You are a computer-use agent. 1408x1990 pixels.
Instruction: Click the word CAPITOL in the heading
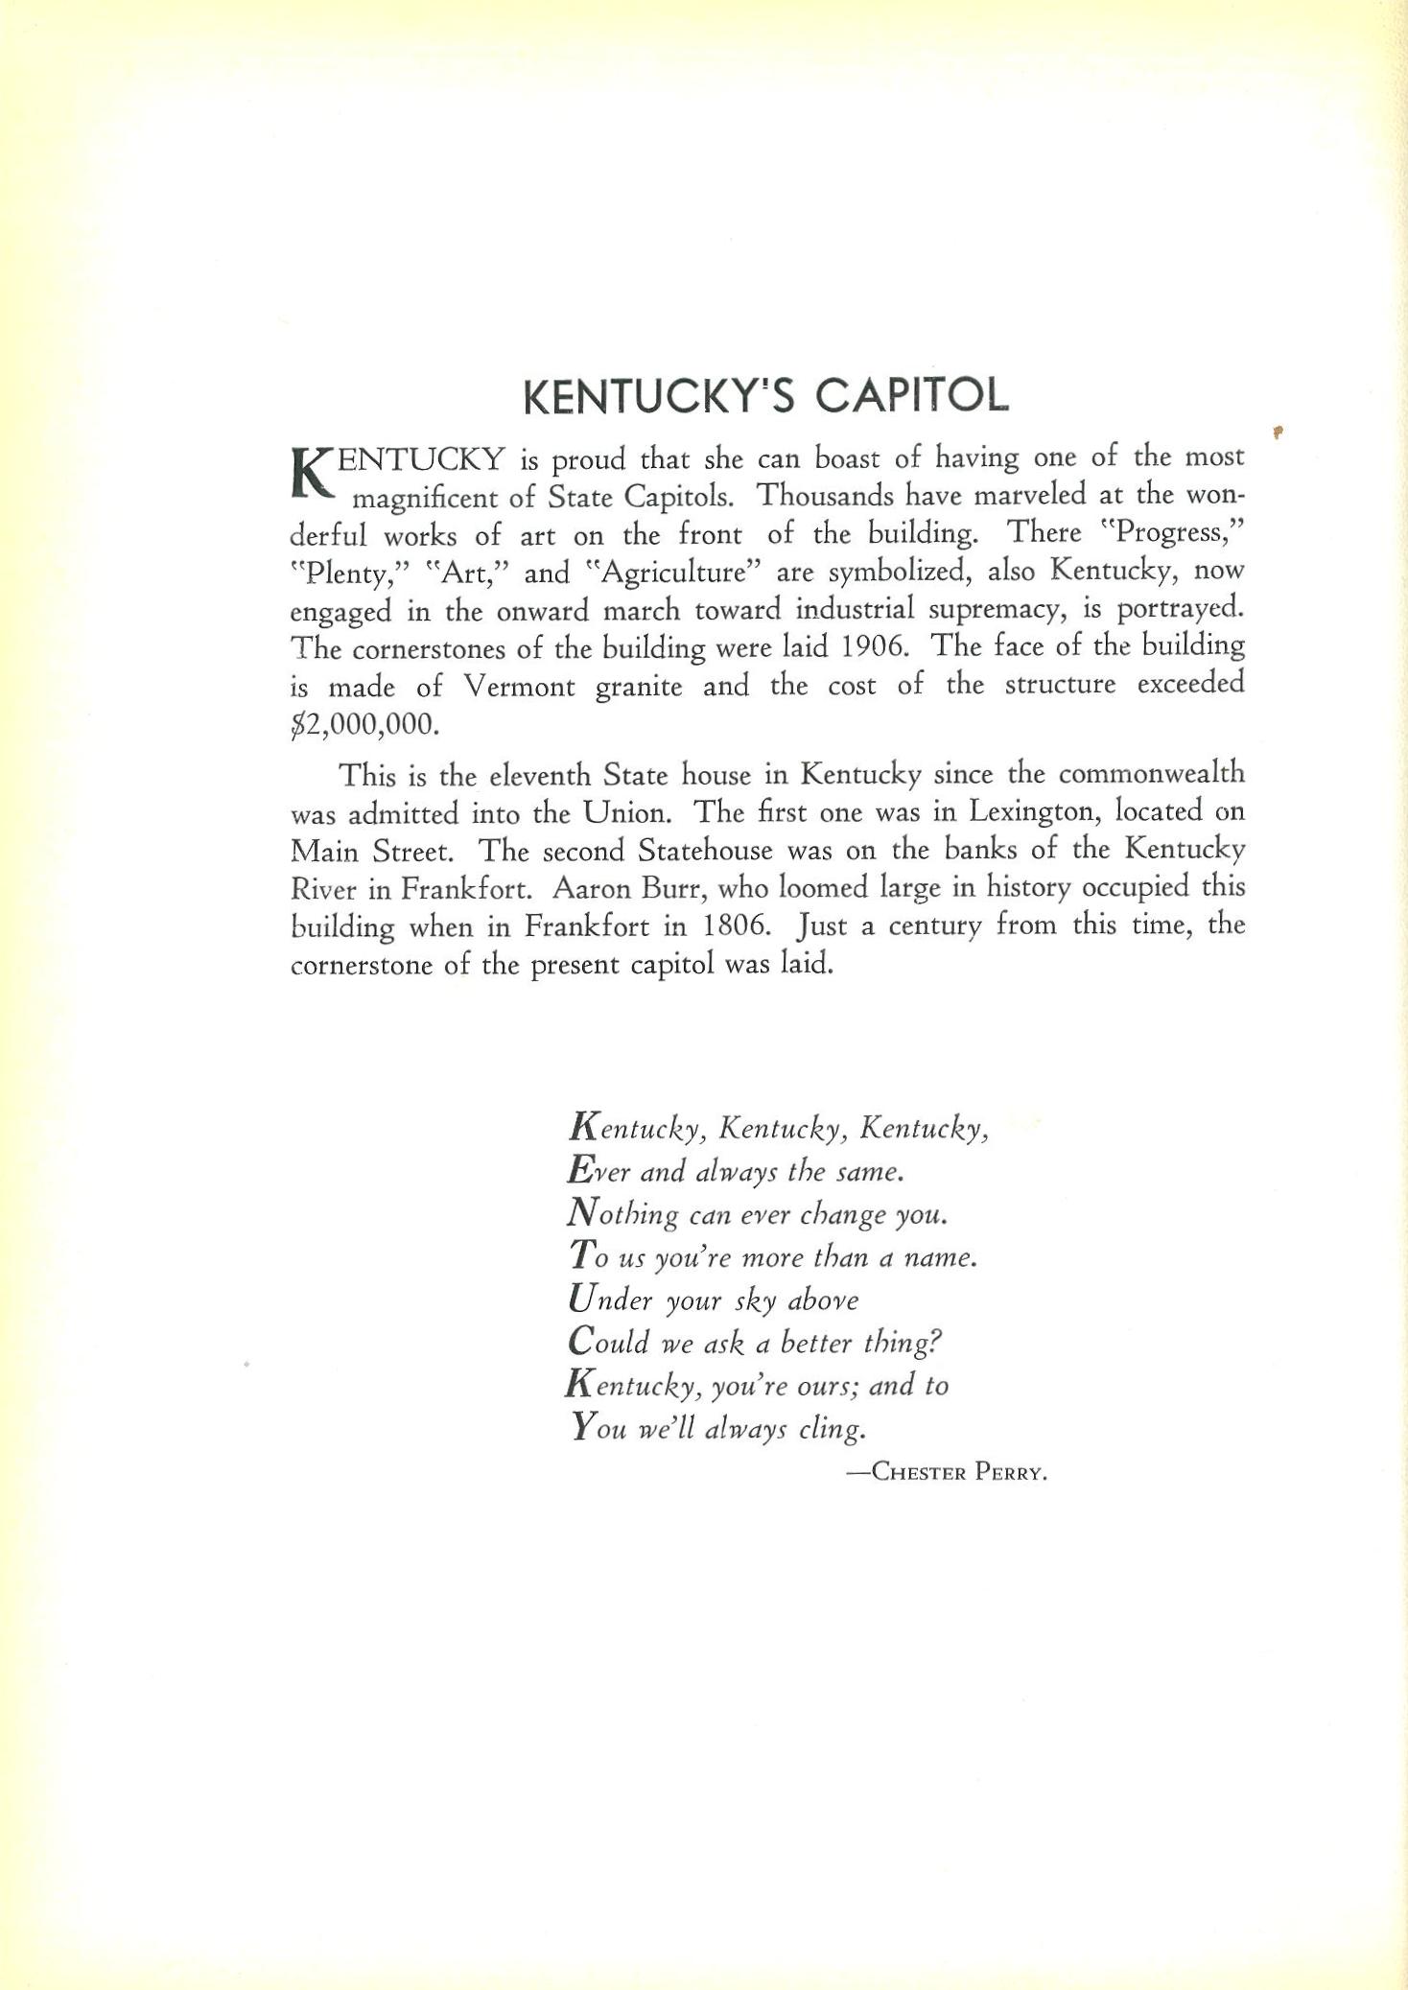pyautogui.click(x=903, y=396)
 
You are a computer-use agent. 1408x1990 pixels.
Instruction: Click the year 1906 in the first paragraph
pyautogui.click(x=875, y=646)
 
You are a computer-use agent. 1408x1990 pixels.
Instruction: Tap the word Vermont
pyautogui.click(x=519, y=686)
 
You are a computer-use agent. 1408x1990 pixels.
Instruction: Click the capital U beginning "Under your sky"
pyautogui.click(x=582, y=1299)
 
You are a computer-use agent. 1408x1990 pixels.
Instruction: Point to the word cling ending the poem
pyautogui.click(x=833, y=1429)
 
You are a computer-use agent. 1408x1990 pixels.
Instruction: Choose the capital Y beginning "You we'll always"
pyautogui.click(x=582, y=1427)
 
